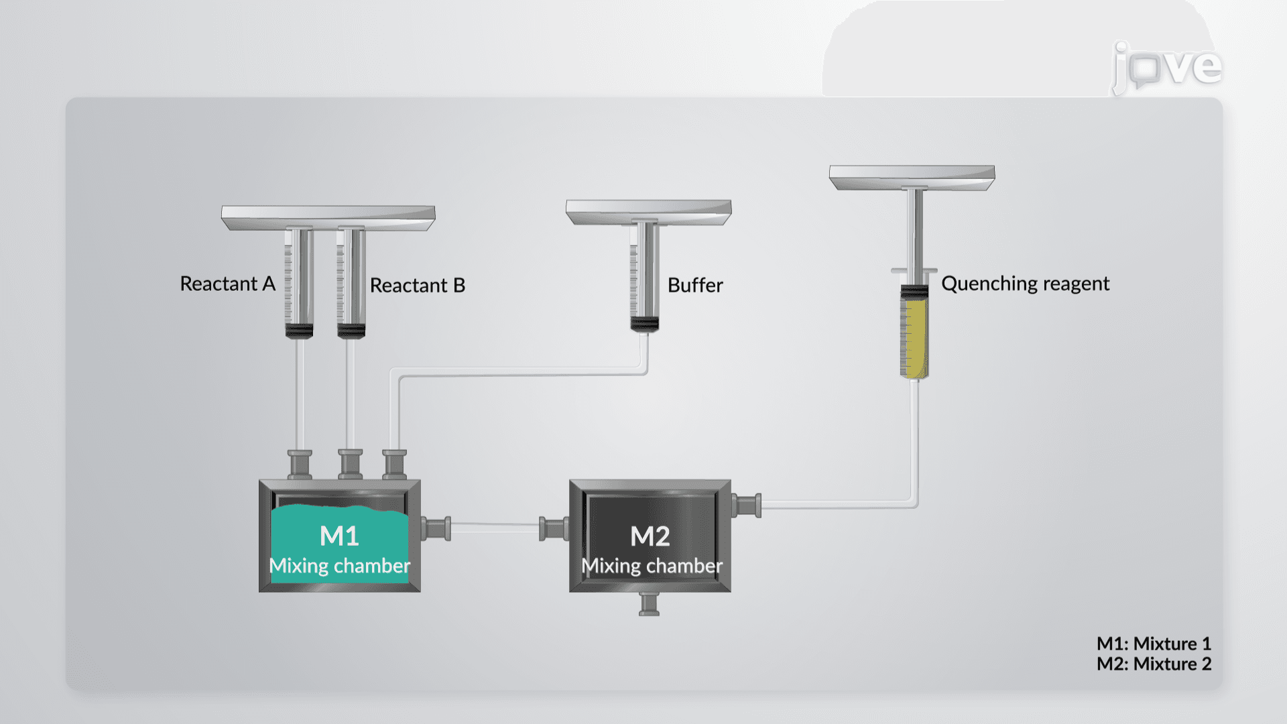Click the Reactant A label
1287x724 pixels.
click(228, 284)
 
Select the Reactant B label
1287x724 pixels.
click(418, 285)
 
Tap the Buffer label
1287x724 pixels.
click(695, 285)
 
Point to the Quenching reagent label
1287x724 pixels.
click(1026, 284)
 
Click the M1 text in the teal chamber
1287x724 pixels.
click(340, 536)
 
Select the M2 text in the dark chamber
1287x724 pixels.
click(650, 536)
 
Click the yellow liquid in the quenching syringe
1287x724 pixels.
click(914, 338)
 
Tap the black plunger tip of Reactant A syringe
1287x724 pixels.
click(299, 330)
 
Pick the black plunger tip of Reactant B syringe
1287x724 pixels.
click(351, 330)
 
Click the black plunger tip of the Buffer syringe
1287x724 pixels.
click(644, 324)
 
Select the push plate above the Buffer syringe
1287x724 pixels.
click(648, 212)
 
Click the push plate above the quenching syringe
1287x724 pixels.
click(912, 178)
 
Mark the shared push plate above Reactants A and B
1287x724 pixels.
click(328, 218)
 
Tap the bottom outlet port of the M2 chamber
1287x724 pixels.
click(649, 604)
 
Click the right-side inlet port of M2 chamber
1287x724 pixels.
click(746, 505)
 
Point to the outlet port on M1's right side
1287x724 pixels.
click(436, 529)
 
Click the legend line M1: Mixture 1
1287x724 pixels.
click(1154, 644)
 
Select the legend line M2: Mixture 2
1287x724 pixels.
click(1154, 664)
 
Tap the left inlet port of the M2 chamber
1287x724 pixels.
click(554, 529)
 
